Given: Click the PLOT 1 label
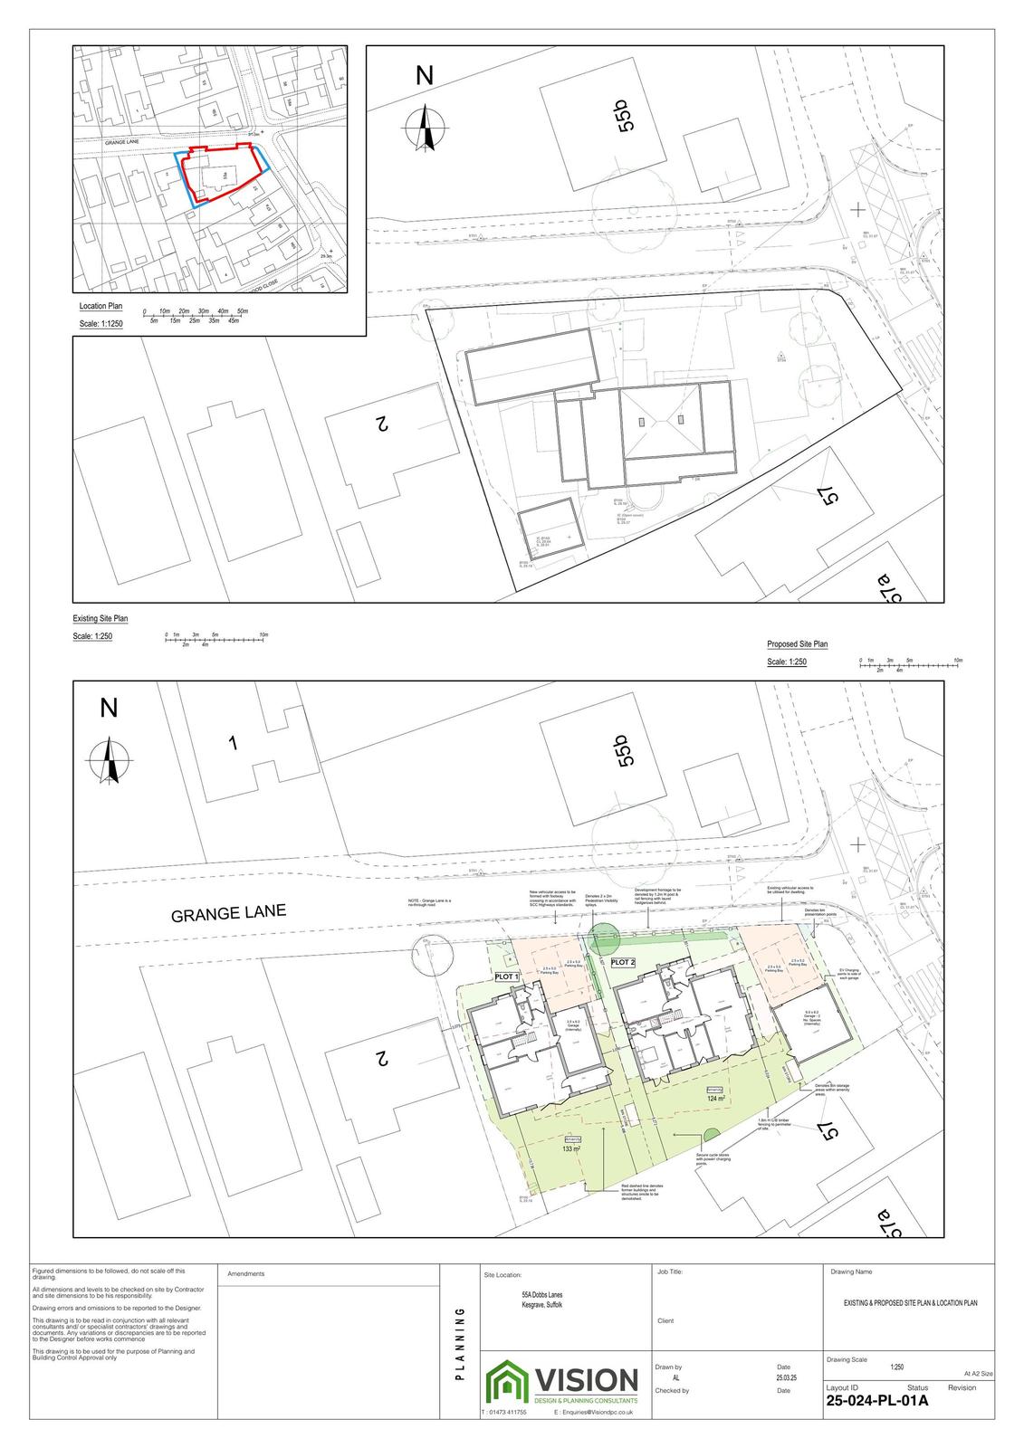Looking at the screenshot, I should coord(505,977).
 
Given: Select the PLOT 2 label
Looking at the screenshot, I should coord(623,962).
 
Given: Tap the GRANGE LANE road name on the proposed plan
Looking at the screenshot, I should coord(228,913).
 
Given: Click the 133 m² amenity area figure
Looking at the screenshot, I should coord(570,1148).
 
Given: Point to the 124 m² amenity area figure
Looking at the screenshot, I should coord(717,1099).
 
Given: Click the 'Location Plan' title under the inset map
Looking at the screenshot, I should coord(100,307).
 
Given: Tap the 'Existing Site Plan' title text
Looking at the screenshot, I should coord(100,619).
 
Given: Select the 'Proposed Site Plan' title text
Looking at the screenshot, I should coord(797,644).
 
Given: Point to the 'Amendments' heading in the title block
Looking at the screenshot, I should coord(245,1273).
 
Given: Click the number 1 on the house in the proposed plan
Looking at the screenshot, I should coord(233,744).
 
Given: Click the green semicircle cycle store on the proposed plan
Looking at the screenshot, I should coord(712,1132).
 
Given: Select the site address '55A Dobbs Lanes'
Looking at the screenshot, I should coord(536,1295).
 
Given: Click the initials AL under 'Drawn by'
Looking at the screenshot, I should coord(675,1377).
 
